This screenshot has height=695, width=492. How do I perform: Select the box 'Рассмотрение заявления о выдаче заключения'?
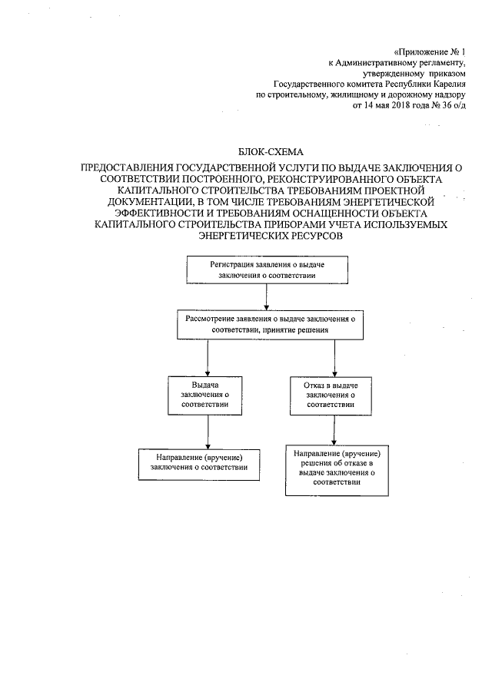[x=269, y=323]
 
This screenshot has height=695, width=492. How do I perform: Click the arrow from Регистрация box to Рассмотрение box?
[x=266, y=296]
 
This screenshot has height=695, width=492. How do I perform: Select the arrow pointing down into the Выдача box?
[x=208, y=357]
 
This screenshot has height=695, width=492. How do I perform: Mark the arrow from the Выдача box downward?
[x=208, y=429]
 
